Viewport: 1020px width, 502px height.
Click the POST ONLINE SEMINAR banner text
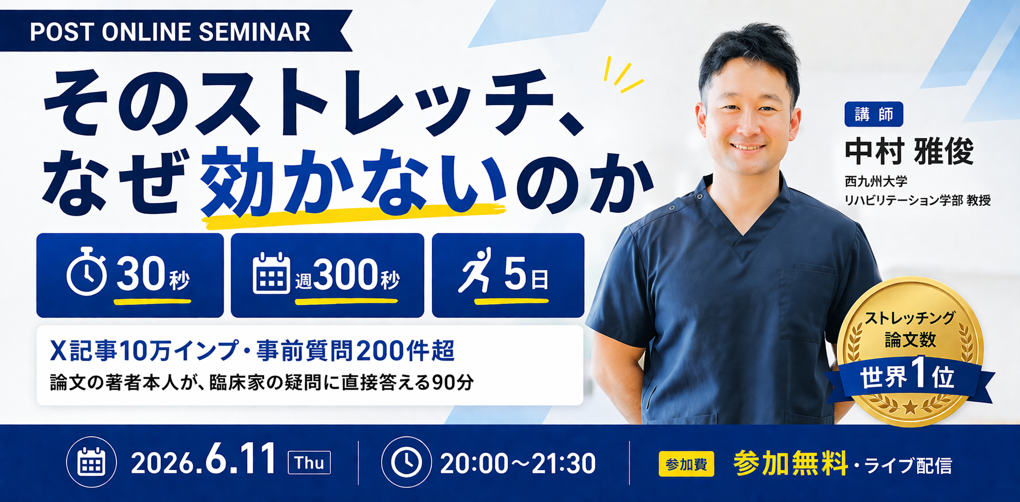click(x=170, y=32)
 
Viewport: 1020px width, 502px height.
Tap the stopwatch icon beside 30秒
click(x=87, y=272)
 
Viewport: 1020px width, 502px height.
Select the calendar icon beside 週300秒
click(x=271, y=273)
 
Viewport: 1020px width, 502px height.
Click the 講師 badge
click(x=873, y=114)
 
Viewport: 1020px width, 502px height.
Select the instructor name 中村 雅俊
click(x=909, y=152)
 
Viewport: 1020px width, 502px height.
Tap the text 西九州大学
click(x=876, y=181)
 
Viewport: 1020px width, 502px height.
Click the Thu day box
click(x=309, y=463)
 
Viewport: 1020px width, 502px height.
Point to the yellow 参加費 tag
click(x=686, y=464)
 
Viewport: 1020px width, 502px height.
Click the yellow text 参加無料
click(x=790, y=463)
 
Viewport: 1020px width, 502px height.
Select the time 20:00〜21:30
click(x=518, y=464)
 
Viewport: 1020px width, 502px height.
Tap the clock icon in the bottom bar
click(x=406, y=462)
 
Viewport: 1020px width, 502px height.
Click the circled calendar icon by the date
click(x=91, y=462)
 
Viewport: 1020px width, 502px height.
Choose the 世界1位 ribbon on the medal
click(x=908, y=377)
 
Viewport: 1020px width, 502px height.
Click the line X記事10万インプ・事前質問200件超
click(x=252, y=351)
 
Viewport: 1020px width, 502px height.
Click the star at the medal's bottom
click(x=910, y=407)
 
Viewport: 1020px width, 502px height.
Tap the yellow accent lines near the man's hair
click(x=623, y=74)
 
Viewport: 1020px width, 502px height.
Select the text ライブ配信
click(x=908, y=466)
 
